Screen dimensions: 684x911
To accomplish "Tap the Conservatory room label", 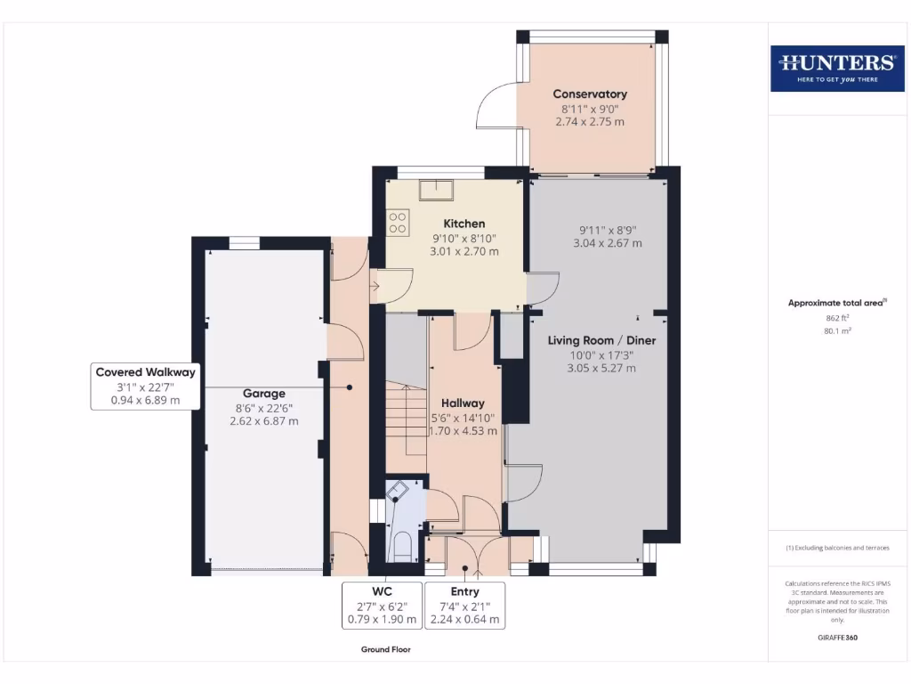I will (x=590, y=94).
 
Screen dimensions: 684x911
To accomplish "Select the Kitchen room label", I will (x=464, y=224).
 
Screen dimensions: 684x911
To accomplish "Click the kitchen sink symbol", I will (x=438, y=189).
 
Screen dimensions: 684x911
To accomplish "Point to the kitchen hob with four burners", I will (x=397, y=222).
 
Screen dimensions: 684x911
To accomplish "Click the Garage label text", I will (x=264, y=393).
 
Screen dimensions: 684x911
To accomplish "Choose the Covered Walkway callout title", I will (x=145, y=372).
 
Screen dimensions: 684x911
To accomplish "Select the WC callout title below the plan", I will (x=383, y=591).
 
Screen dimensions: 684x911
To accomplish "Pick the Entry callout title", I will (x=464, y=591).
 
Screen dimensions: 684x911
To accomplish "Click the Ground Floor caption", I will (x=386, y=650).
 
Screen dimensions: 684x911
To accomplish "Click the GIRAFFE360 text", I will (x=836, y=638).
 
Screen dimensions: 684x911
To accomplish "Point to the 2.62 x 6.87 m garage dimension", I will (x=264, y=421).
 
